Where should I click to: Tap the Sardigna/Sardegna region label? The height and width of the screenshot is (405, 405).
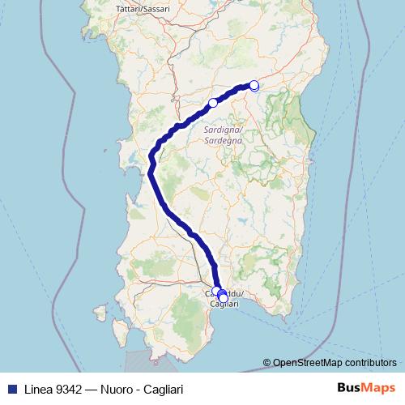coord(224,134)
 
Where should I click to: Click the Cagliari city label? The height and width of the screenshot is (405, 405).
coord(224,303)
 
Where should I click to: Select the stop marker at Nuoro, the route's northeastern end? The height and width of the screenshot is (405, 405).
coord(254,85)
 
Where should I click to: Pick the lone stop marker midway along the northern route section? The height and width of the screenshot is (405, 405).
coord(213,103)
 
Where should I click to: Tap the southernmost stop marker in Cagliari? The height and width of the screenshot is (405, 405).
coord(224,298)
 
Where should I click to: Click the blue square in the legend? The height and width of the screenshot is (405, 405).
coord(9,388)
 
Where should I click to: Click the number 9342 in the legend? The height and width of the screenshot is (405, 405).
coord(64,388)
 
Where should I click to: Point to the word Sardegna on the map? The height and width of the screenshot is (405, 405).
coord(224,140)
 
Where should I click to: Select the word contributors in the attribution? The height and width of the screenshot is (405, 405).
coord(371,363)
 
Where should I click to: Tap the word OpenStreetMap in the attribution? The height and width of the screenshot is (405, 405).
coord(307,363)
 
